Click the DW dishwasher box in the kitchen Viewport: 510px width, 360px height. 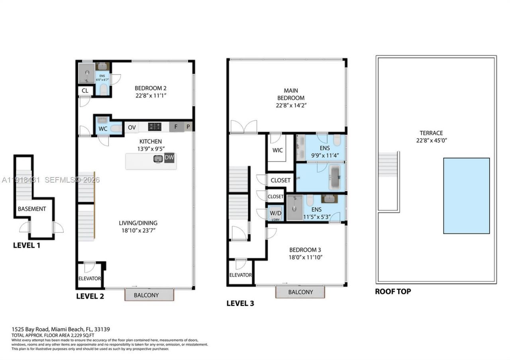169,158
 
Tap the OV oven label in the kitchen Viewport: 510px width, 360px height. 132,127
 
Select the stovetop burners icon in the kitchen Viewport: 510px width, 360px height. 155,127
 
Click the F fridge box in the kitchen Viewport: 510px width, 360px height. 175,127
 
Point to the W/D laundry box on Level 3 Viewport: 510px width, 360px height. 275,213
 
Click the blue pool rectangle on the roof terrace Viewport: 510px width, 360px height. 466,196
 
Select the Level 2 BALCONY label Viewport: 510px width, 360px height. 146,295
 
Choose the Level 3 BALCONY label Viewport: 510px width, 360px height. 300,292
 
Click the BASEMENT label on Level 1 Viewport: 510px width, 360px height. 32,209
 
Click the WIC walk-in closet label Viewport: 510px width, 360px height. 277,150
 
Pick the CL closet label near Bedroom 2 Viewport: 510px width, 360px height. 85,91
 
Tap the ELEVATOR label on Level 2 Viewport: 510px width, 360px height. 90,278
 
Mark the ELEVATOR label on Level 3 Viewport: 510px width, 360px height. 240,275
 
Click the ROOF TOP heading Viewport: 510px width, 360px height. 392,292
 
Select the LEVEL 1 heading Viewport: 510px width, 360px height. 26,245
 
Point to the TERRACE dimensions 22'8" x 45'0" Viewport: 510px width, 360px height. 431,140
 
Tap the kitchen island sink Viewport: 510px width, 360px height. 158,159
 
